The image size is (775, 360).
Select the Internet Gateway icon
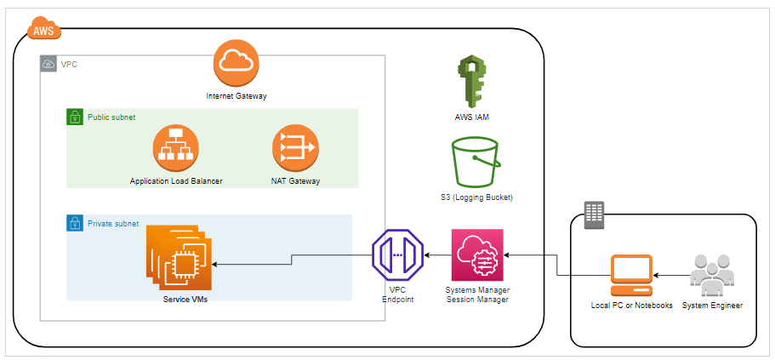[x=236, y=62]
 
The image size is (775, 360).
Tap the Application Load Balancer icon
[x=175, y=148]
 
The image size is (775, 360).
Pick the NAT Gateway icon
[x=295, y=148]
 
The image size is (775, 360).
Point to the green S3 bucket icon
[x=471, y=163]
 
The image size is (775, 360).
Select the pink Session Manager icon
[x=477, y=254]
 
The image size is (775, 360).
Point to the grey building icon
[x=594, y=214]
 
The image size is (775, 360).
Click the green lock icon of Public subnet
[x=74, y=117]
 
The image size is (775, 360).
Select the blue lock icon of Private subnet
[x=74, y=223]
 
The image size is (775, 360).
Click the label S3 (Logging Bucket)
[x=471, y=197]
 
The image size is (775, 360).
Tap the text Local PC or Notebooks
[x=632, y=305]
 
